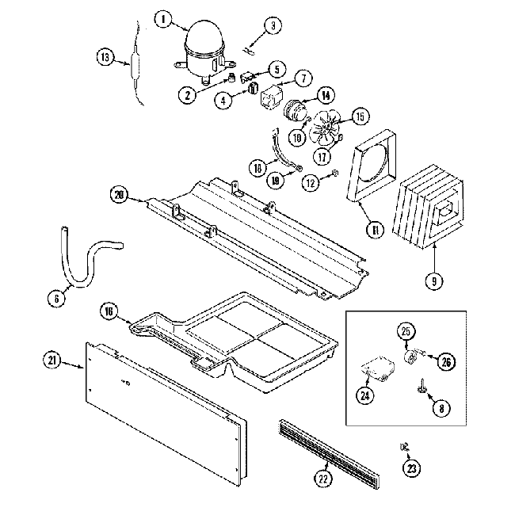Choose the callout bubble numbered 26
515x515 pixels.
coord(447,362)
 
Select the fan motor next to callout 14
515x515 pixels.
coord(298,109)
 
